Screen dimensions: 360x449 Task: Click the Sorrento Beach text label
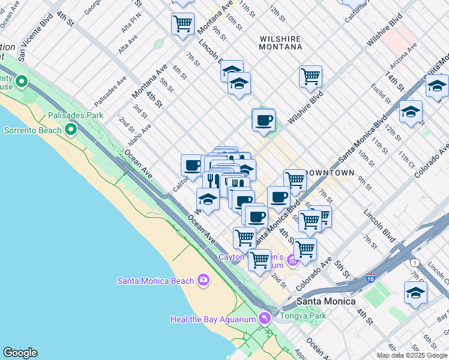(x=32, y=130)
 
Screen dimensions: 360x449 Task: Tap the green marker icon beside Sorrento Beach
(x=71, y=129)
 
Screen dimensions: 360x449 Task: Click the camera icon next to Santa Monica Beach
(x=203, y=280)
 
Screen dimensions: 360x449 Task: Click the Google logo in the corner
(x=20, y=353)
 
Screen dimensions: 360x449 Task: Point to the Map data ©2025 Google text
(x=412, y=355)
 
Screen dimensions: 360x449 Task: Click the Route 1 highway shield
(x=414, y=263)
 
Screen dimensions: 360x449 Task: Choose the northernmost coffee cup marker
(x=263, y=120)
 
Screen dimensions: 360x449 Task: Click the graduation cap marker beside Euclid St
(x=411, y=112)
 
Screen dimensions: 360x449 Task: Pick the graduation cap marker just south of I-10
(x=415, y=293)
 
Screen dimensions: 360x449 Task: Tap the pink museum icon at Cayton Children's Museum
(x=292, y=260)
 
